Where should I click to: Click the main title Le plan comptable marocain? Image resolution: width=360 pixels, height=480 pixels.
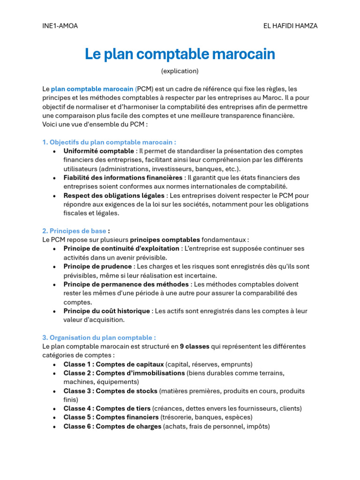point(180,54)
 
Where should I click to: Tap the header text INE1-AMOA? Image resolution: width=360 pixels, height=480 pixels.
point(60,26)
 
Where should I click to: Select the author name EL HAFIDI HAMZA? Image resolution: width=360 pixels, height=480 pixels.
point(290,26)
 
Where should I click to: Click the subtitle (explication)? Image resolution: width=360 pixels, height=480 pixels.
point(180,71)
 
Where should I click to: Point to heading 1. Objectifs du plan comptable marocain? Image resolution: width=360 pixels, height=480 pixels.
point(109,142)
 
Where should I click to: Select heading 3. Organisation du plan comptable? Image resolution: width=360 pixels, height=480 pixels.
point(99,337)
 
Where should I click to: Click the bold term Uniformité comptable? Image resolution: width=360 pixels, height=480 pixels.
point(98,151)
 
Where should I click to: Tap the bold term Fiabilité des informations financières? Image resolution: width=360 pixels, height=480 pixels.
point(123,178)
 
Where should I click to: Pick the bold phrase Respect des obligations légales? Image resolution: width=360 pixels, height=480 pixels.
point(114,195)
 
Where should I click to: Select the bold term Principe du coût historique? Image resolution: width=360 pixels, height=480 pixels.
point(107,311)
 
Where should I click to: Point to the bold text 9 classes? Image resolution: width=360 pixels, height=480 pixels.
point(194,346)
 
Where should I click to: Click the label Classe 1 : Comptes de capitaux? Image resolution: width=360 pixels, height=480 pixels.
point(113,364)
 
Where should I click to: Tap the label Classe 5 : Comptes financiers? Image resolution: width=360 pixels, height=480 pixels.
point(111,417)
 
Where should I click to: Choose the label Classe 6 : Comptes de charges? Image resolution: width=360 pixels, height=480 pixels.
point(112,426)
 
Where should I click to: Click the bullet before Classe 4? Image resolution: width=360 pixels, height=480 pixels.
point(55,409)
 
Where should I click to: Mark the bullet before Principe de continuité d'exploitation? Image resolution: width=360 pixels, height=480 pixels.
point(55,249)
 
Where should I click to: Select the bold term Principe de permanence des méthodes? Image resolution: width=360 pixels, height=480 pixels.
point(127,285)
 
